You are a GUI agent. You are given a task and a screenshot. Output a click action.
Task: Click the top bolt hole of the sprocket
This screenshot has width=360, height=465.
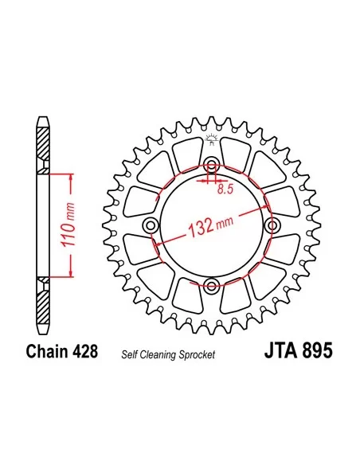click(x=211, y=166)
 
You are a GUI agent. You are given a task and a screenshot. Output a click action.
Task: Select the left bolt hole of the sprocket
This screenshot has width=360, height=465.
click(x=150, y=227)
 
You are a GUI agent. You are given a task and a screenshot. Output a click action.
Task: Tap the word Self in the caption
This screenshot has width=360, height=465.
click(x=130, y=353)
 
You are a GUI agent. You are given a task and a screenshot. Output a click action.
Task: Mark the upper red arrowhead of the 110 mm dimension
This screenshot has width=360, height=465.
click(x=72, y=176)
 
